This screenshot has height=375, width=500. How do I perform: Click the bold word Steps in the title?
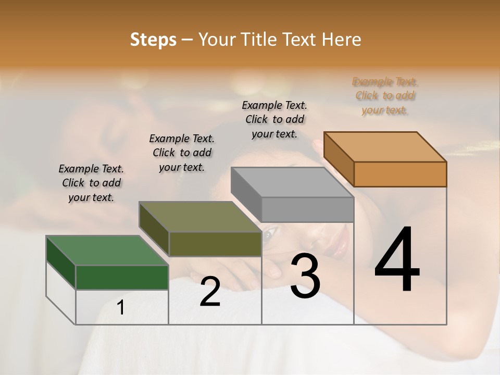(153, 40)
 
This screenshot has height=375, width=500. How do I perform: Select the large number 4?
(397, 260)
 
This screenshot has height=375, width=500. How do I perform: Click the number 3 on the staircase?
(305, 276)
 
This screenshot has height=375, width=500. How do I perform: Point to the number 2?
(210, 292)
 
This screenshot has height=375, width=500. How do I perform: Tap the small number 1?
(121, 308)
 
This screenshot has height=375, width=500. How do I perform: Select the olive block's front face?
(215, 244)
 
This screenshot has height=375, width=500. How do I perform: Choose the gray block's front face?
(307, 209)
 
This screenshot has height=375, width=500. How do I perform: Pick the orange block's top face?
(385, 146)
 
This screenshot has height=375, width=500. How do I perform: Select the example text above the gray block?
(274, 119)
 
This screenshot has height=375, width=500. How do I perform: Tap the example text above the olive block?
(182, 153)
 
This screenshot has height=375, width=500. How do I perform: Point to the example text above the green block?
(91, 183)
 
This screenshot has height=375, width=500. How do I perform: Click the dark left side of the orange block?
(339, 159)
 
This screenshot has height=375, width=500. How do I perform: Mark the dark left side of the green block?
(61, 263)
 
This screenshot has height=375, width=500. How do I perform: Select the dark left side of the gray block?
(246, 194)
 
